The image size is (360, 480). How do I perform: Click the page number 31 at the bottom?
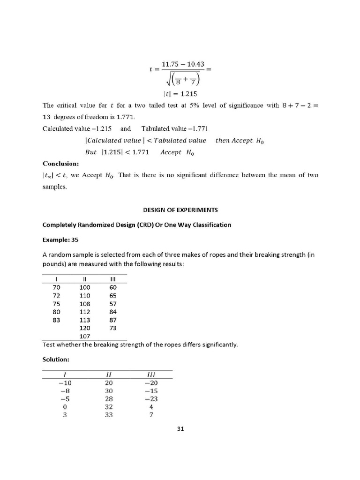[x=180, y=428]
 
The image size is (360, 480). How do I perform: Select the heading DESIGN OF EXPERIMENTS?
[x=180, y=210]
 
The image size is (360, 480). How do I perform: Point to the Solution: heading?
[x=56, y=360]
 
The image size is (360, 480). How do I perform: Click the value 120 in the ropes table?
[x=85, y=328]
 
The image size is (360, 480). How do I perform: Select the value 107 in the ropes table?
[x=85, y=336]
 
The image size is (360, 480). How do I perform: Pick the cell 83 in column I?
[x=57, y=320]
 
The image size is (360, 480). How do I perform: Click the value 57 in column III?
[x=112, y=303]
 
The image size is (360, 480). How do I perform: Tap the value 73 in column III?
[x=112, y=328]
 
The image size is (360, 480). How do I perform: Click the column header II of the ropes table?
[x=85, y=279]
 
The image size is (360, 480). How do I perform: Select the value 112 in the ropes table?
[x=85, y=312]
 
